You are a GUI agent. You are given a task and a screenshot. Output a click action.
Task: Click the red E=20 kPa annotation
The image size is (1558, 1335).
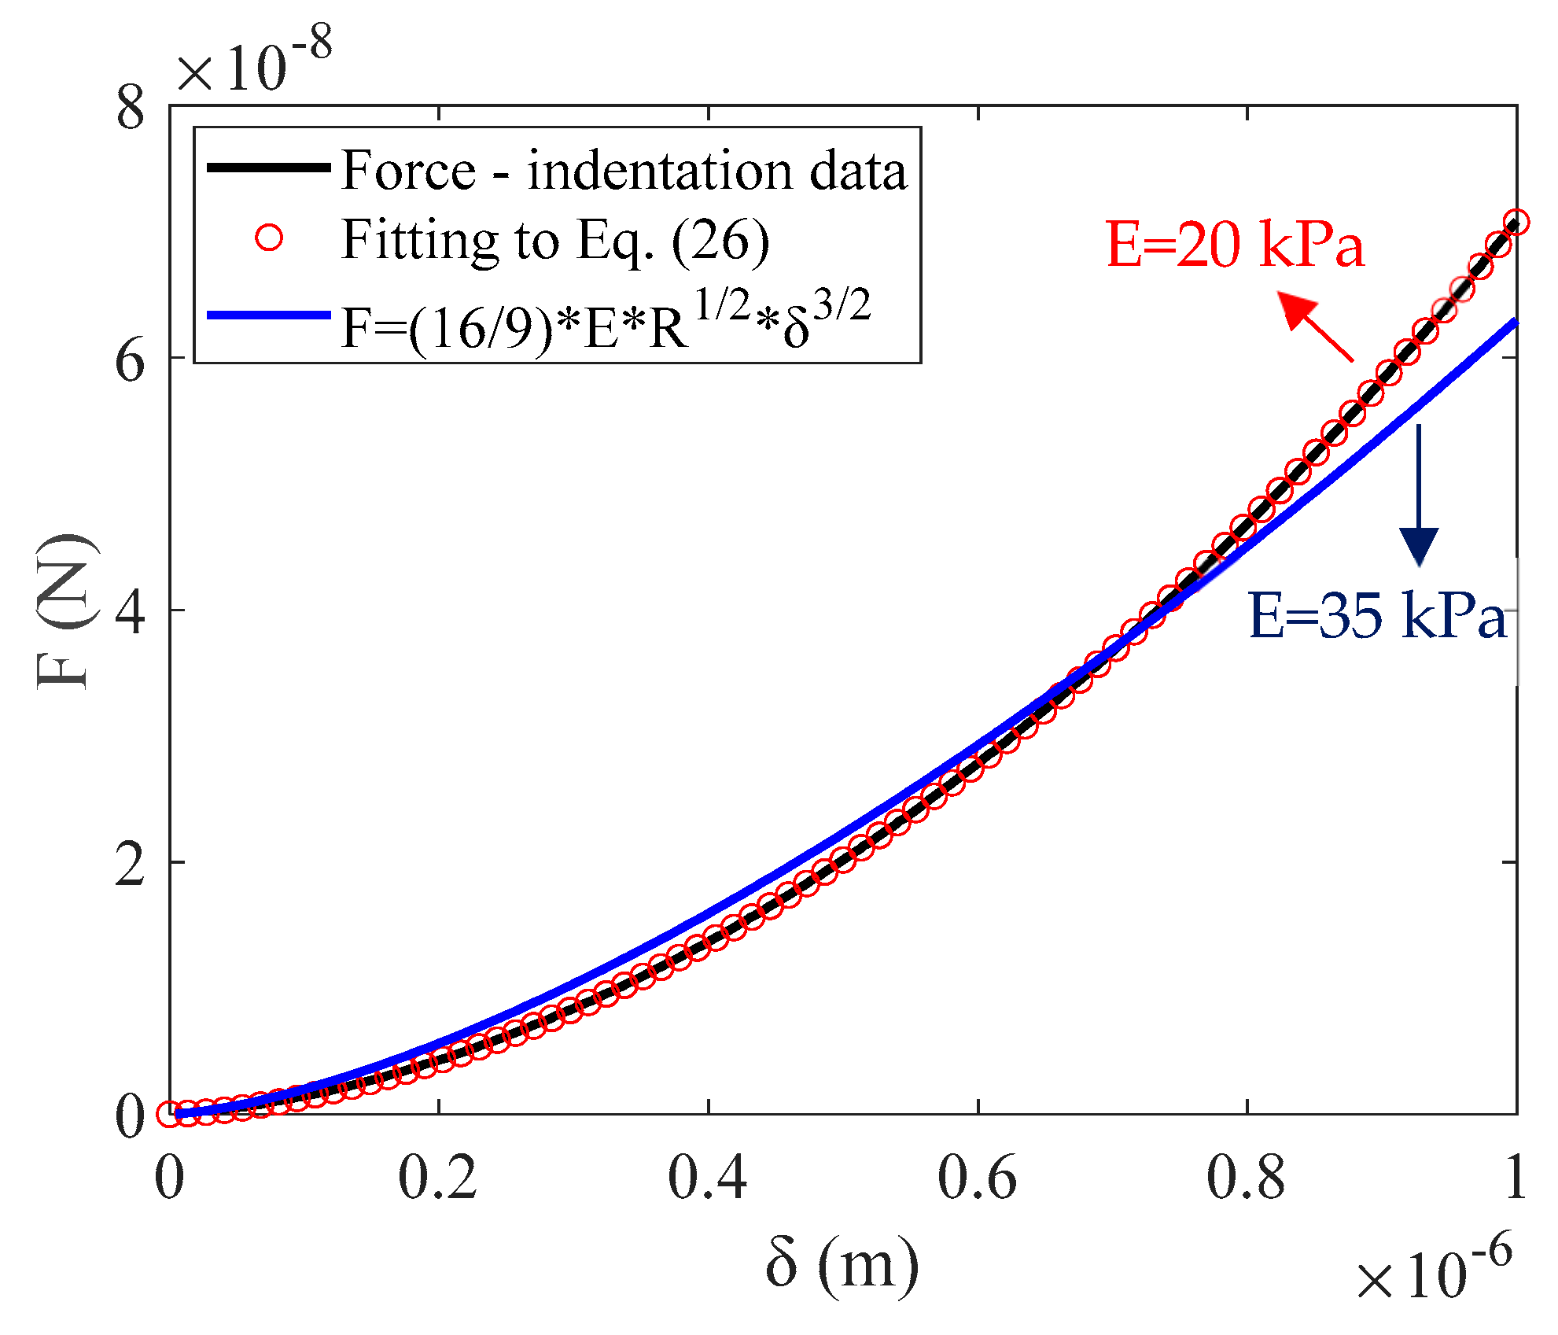[x=1235, y=245]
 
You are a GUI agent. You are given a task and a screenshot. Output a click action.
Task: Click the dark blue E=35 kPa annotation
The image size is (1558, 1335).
[x=1376, y=615]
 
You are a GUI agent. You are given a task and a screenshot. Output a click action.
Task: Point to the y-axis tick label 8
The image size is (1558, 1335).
[x=131, y=108]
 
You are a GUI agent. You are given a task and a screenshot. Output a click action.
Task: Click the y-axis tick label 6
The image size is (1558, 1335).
[x=131, y=361]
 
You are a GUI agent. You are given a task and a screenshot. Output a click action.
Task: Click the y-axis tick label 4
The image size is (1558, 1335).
[x=131, y=612]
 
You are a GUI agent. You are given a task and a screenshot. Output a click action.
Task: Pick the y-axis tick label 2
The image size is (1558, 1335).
[x=131, y=865]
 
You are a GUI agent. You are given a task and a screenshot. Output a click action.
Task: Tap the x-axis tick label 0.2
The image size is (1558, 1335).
[x=437, y=1178]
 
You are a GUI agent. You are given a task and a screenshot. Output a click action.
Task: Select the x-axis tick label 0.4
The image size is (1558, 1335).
[x=707, y=1178]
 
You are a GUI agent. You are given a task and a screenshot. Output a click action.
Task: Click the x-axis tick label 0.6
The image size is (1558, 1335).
[x=977, y=1178]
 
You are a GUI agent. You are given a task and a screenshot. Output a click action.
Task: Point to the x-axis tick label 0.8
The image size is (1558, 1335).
[x=1246, y=1178]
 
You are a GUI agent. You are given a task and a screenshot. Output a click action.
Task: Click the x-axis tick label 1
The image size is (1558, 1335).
[x=1515, y=1178]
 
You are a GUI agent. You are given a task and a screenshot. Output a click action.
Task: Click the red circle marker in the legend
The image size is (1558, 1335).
[x=269, y=238]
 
